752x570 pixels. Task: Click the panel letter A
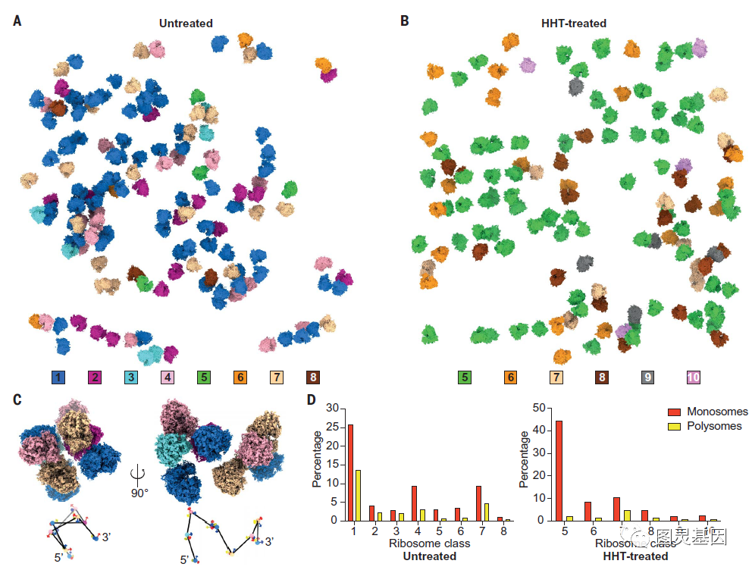pos(17,21)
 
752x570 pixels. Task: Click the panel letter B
pos(405,21)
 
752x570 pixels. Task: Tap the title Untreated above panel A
pos(186,23)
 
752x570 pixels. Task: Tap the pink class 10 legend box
pos(694,377)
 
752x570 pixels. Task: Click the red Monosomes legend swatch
pos(673,412)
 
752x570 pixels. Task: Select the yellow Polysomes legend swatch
pos(673,427)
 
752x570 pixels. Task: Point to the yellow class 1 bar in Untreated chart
pos(359,495)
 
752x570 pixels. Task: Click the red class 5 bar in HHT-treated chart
pos(559,470)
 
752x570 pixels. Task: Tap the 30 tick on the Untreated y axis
pos(331,408)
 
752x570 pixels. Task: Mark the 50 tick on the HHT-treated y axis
pos(539,408)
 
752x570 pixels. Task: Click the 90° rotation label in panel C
pos(139,493)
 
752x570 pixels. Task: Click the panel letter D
pos(310,399)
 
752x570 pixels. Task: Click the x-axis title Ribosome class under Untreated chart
pos(429,543)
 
